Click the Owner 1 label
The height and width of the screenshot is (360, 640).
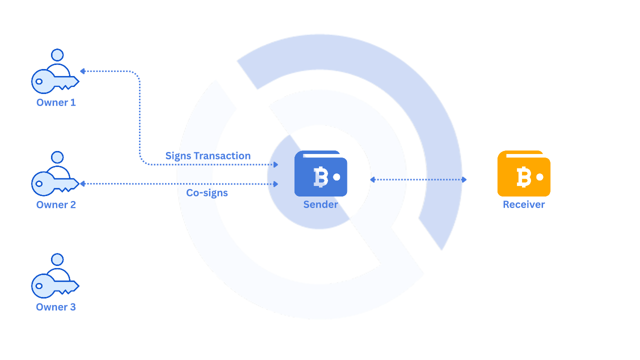56,102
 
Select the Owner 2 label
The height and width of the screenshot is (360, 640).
56,204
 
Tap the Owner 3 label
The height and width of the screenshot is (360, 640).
56,307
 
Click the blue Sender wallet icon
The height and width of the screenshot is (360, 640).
320,173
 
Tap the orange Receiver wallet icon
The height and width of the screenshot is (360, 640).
523,173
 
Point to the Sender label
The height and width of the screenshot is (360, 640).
320,204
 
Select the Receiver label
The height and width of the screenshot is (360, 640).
523,204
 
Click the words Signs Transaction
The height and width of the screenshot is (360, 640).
208,156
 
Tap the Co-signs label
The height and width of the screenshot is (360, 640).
207,193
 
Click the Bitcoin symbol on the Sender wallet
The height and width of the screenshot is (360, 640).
320,177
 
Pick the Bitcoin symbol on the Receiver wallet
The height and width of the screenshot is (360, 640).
523,177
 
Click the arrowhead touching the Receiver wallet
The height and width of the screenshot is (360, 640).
464,179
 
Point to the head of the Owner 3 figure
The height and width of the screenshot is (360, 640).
57,259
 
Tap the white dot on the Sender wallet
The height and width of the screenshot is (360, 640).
336,177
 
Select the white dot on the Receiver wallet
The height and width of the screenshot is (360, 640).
539,177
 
